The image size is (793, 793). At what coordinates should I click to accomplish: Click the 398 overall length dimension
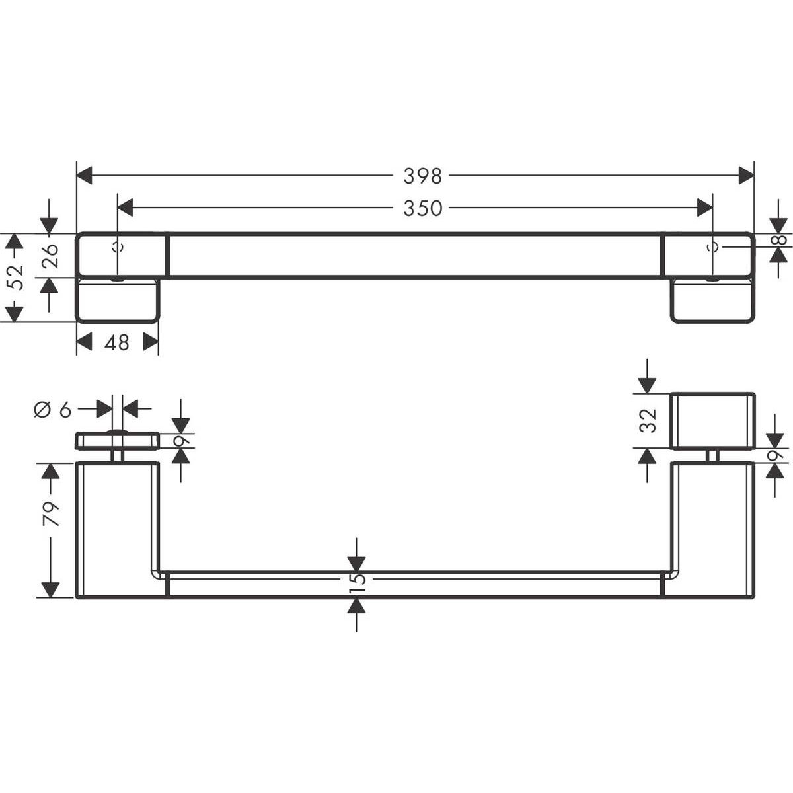point(422,176)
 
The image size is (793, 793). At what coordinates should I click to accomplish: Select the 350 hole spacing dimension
point(422,208)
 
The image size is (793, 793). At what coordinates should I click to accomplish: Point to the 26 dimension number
point(50,256)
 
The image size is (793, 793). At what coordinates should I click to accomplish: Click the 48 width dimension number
point(117,342)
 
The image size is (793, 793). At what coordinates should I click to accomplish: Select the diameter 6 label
point(53,409)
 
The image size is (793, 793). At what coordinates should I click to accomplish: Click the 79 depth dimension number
point(51,513)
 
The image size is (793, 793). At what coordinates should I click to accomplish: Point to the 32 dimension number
point(648,420)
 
